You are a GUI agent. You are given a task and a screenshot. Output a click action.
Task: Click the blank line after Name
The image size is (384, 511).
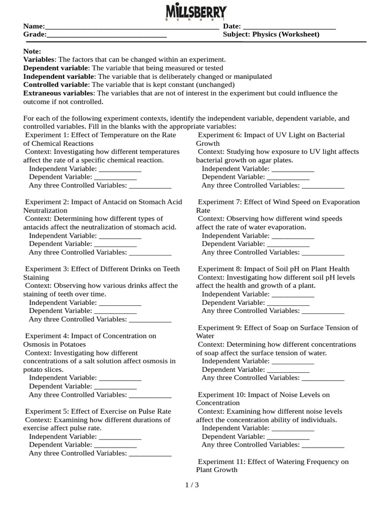tap(131, 27)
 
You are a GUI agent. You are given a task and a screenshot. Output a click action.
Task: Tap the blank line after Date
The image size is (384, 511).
tap(288, 27)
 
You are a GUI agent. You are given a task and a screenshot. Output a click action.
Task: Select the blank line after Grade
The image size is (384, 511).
tap(106, 35)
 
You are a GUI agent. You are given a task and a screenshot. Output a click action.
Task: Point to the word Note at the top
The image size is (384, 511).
tap(32, 51)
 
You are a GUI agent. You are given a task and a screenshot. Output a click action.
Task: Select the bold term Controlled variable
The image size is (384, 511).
tap(55, 85)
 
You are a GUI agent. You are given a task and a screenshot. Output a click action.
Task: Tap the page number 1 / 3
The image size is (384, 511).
tap(192, 485)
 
